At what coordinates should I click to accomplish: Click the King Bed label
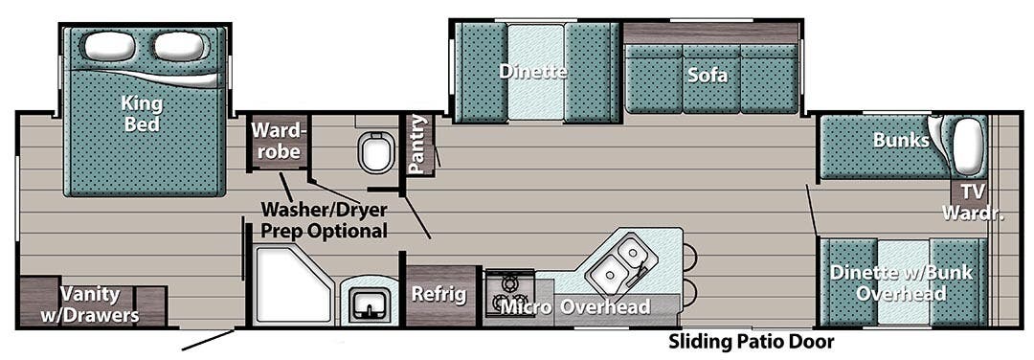(141, 113)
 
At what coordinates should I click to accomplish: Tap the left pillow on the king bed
(110, 45)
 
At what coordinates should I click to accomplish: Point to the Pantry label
(417, 145)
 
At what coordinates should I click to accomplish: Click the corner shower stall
(287, 284)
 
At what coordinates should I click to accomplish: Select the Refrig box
(439, 295)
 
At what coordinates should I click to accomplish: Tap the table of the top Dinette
(534, 72)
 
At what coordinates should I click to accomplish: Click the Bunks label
(900, 141)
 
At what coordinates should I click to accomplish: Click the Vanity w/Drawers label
(100, 304)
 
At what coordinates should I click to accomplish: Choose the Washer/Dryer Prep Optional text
(326, 221)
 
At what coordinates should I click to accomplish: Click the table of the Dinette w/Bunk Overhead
(903, 282)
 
